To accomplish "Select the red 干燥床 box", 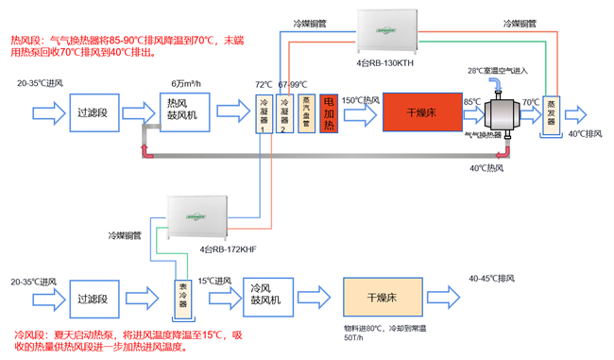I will click(x=420, y=114).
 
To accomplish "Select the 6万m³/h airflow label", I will click(x=188, y=84).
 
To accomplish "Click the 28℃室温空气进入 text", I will click(x=499, y=72).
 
